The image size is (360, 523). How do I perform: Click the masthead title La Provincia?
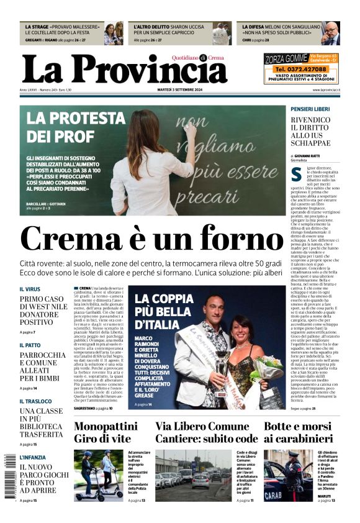point(124,68)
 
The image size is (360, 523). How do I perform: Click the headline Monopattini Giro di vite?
point(106,432)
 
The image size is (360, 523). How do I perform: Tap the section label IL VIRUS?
point(30,289)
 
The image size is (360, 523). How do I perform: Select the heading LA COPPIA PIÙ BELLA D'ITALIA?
point(164,312)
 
